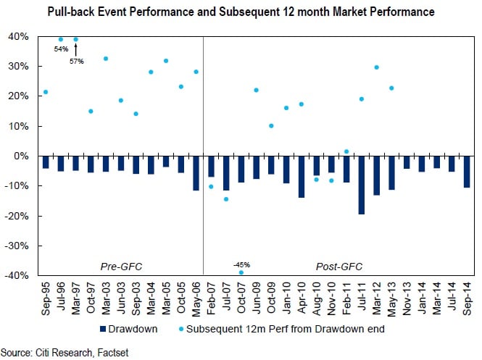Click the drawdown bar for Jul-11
[361, 185]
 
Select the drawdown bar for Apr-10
[301, 177]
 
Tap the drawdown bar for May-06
[196, 173]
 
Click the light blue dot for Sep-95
[46, 92]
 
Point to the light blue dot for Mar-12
[376, 67]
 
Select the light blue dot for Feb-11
[346, 151]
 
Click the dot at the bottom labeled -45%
[241, 272]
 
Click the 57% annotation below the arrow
[77, 61]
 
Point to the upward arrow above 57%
[76, 49]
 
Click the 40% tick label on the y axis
[20, 37]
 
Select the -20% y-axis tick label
[18, 216]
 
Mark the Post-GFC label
[339, 267]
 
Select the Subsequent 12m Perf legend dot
[182, 328]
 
